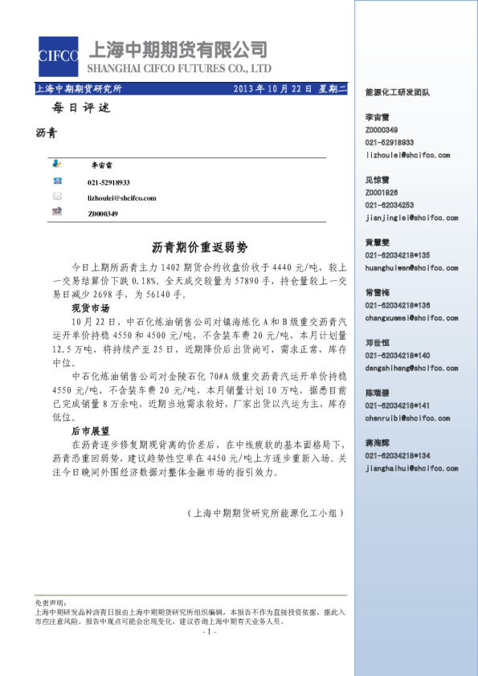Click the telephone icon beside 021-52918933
coord(57,181)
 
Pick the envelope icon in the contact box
coord(57,197)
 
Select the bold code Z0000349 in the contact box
coord(103,214)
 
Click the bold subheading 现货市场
coord(90,307)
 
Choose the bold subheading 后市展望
coord(90,431)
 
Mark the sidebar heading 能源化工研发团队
coord(397,92)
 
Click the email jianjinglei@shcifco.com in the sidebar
coord(411,218)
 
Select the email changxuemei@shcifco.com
coord(411,318)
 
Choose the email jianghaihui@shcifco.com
coord(411,468)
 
